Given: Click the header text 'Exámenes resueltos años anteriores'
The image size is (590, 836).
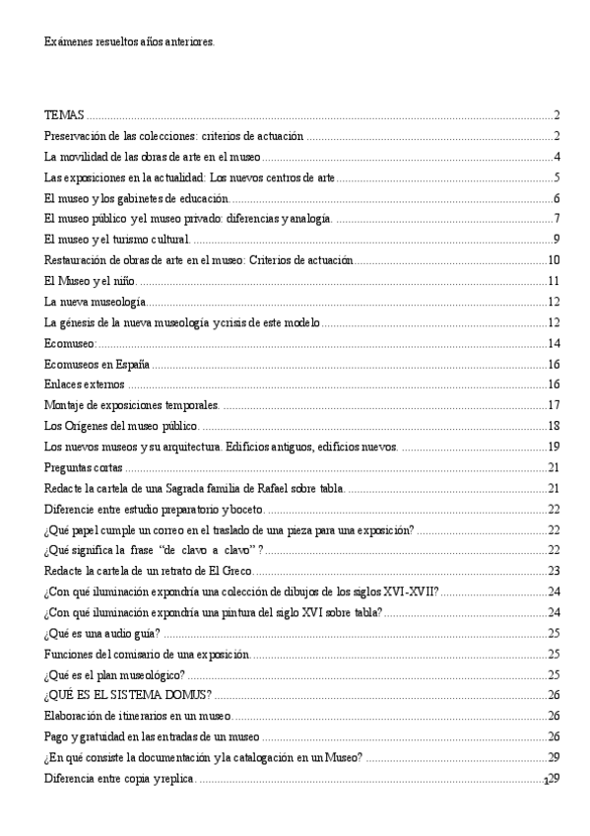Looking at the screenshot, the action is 130,44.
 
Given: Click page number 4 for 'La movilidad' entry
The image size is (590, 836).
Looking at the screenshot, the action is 557,157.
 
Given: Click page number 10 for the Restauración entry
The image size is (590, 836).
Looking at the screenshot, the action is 554,260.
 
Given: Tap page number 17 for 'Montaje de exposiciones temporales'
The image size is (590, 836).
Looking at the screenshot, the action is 554,405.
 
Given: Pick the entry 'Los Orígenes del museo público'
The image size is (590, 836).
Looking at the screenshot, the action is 121,426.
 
